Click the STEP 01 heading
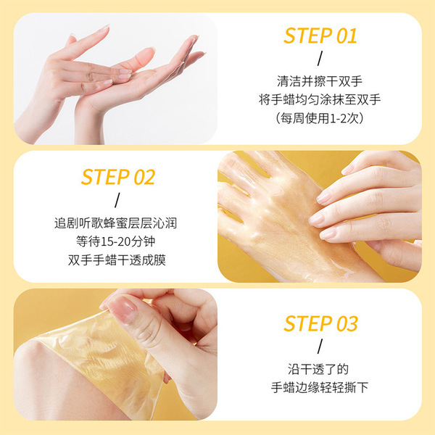[320, 36]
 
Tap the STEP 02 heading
[118, 177]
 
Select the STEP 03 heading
[320, 323]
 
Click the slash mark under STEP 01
[320, 59]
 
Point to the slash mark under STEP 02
[117, 200]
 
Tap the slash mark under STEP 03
[320, 347]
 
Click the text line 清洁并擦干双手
[320, 81]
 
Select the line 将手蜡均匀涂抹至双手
[320, 99]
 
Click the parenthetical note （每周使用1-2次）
[320, 118]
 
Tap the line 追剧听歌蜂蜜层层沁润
[115, 223]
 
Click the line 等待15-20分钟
[115, 241]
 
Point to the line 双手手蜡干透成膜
[117, 260]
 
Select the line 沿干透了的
[318, 369]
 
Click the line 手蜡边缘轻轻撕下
[320, 387]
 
